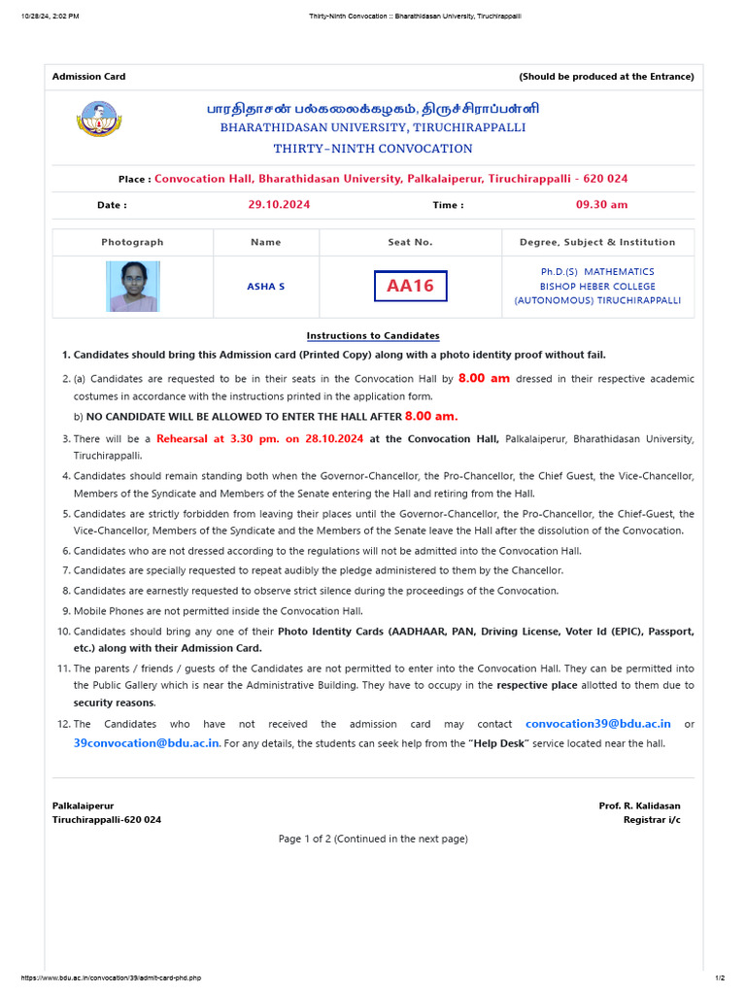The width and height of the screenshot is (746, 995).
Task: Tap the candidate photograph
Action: tap(133, 286)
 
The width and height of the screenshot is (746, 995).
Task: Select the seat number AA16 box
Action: tap(410, 286)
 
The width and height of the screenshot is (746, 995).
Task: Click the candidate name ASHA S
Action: tap(266, 287)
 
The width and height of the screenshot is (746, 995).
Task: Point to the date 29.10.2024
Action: tap(279, 205)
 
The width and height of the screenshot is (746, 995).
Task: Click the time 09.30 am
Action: tap(602, 205)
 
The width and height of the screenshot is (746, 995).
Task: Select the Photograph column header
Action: tap(132, 242)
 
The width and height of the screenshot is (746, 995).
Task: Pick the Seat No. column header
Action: tap(410, 242)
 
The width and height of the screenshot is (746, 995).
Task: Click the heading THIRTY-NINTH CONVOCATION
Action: tap(373, 149)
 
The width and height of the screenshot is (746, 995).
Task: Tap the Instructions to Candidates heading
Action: tap(373, 335)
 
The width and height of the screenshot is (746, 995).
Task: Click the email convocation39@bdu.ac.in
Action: tap(598, 724)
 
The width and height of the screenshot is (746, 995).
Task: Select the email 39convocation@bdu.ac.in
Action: tap(147, 743)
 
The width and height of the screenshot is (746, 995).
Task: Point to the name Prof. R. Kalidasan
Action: tap(639, 806)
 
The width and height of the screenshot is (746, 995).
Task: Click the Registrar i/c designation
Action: tap(652, 820)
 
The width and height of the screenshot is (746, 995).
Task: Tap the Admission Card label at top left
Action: tap(88, 77)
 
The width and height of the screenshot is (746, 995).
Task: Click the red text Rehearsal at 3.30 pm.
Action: tap(259, 439)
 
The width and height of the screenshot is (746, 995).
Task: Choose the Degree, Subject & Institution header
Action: tap(597, 242)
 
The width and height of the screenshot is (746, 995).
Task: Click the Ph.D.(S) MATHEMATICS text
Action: tap(597, 272)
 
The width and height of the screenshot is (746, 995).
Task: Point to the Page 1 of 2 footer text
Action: tap(373, 839)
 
